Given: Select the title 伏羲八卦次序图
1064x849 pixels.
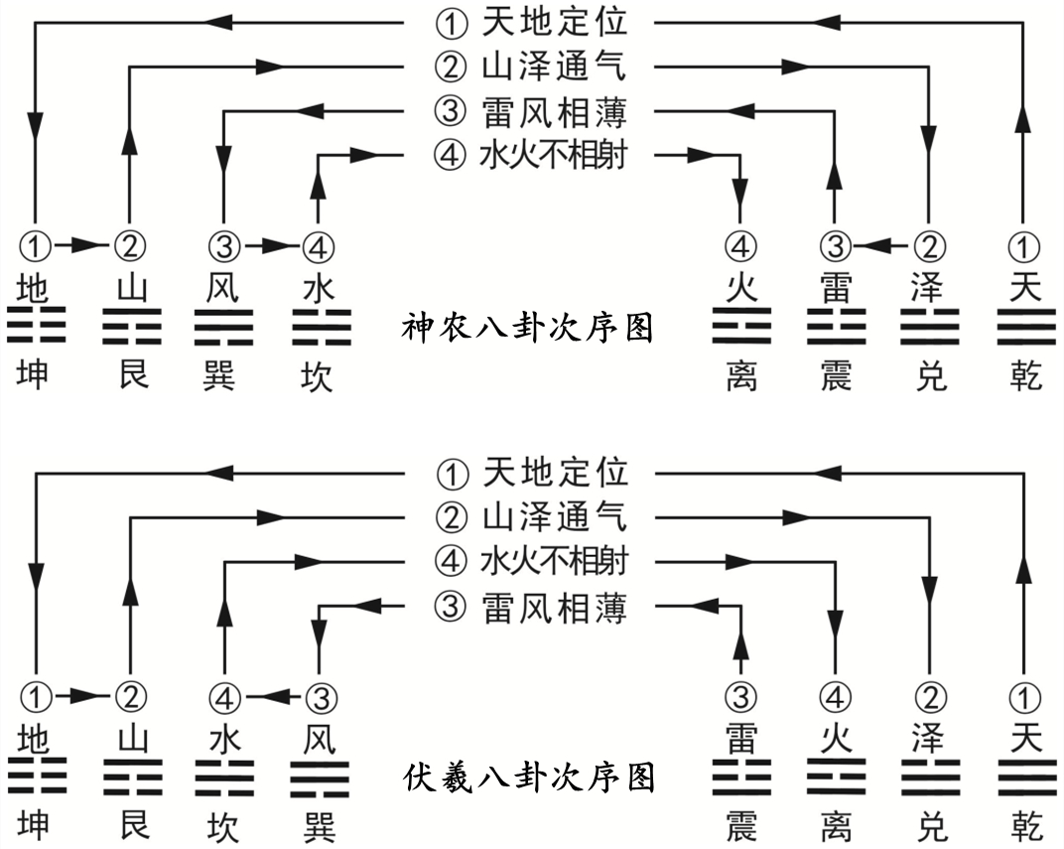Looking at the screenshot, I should [x=529, y=777].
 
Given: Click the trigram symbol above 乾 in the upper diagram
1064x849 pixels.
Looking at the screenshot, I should [x=1023, y=326].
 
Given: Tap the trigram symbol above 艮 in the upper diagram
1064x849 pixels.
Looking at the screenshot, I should [x=129, y=326].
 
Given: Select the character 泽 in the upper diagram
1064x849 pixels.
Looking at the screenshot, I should [x=929, y=289].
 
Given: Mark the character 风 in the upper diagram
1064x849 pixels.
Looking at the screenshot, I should [x=223, y=289].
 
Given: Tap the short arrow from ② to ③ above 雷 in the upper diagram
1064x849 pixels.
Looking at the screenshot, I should [x=881, y=244].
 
